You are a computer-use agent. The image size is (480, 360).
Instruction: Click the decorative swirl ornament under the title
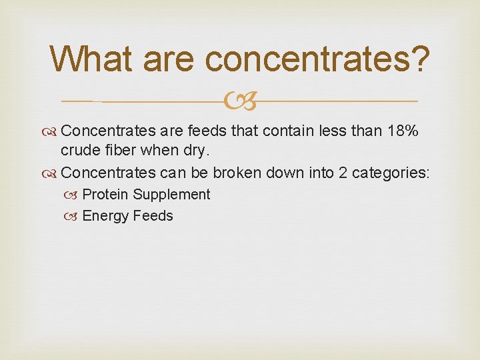pyautogui.click(x=240, y=101)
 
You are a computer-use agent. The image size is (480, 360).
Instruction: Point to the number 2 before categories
pyautogui.click(x=343, y=173)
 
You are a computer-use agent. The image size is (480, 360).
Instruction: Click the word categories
pyautogui.click(x=390, y=173)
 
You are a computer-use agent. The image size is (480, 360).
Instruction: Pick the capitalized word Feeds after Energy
pyautogui.click(x=153, y=215)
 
